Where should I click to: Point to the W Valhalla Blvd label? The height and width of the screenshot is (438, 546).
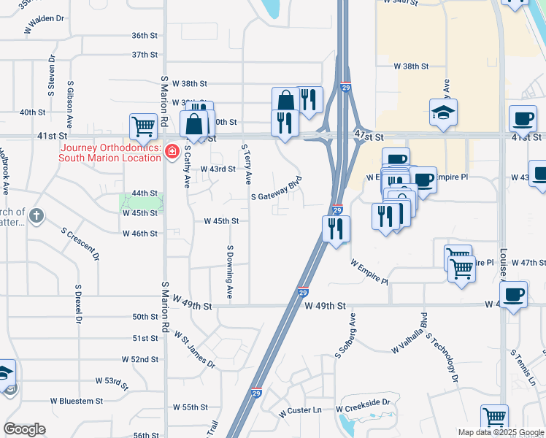click(x=408, y=334)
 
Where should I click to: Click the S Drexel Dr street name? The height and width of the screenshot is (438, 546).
click(x=77, y=299)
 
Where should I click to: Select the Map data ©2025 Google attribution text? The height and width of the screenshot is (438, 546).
click(x=500, y=432)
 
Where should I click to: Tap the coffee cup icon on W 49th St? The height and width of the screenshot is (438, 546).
click(x=513, y=294)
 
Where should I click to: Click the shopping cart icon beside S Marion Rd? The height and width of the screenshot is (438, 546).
click(x=142, y=126)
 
